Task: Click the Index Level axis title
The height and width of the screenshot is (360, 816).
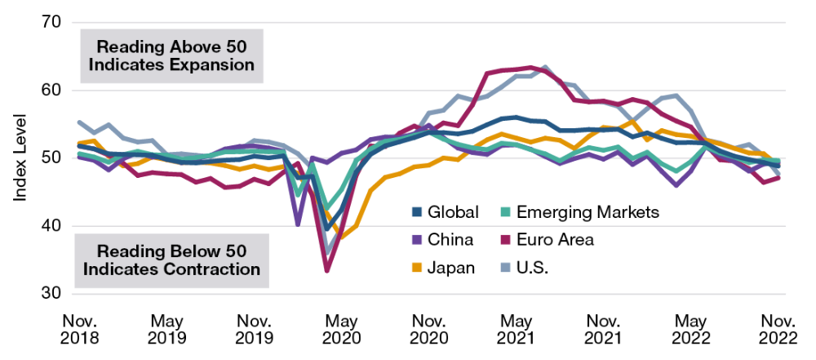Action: pyautogui.click(x=17, y=157)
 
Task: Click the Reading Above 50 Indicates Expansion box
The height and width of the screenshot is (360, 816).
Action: pyautogui.click(x=171, y=54)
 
